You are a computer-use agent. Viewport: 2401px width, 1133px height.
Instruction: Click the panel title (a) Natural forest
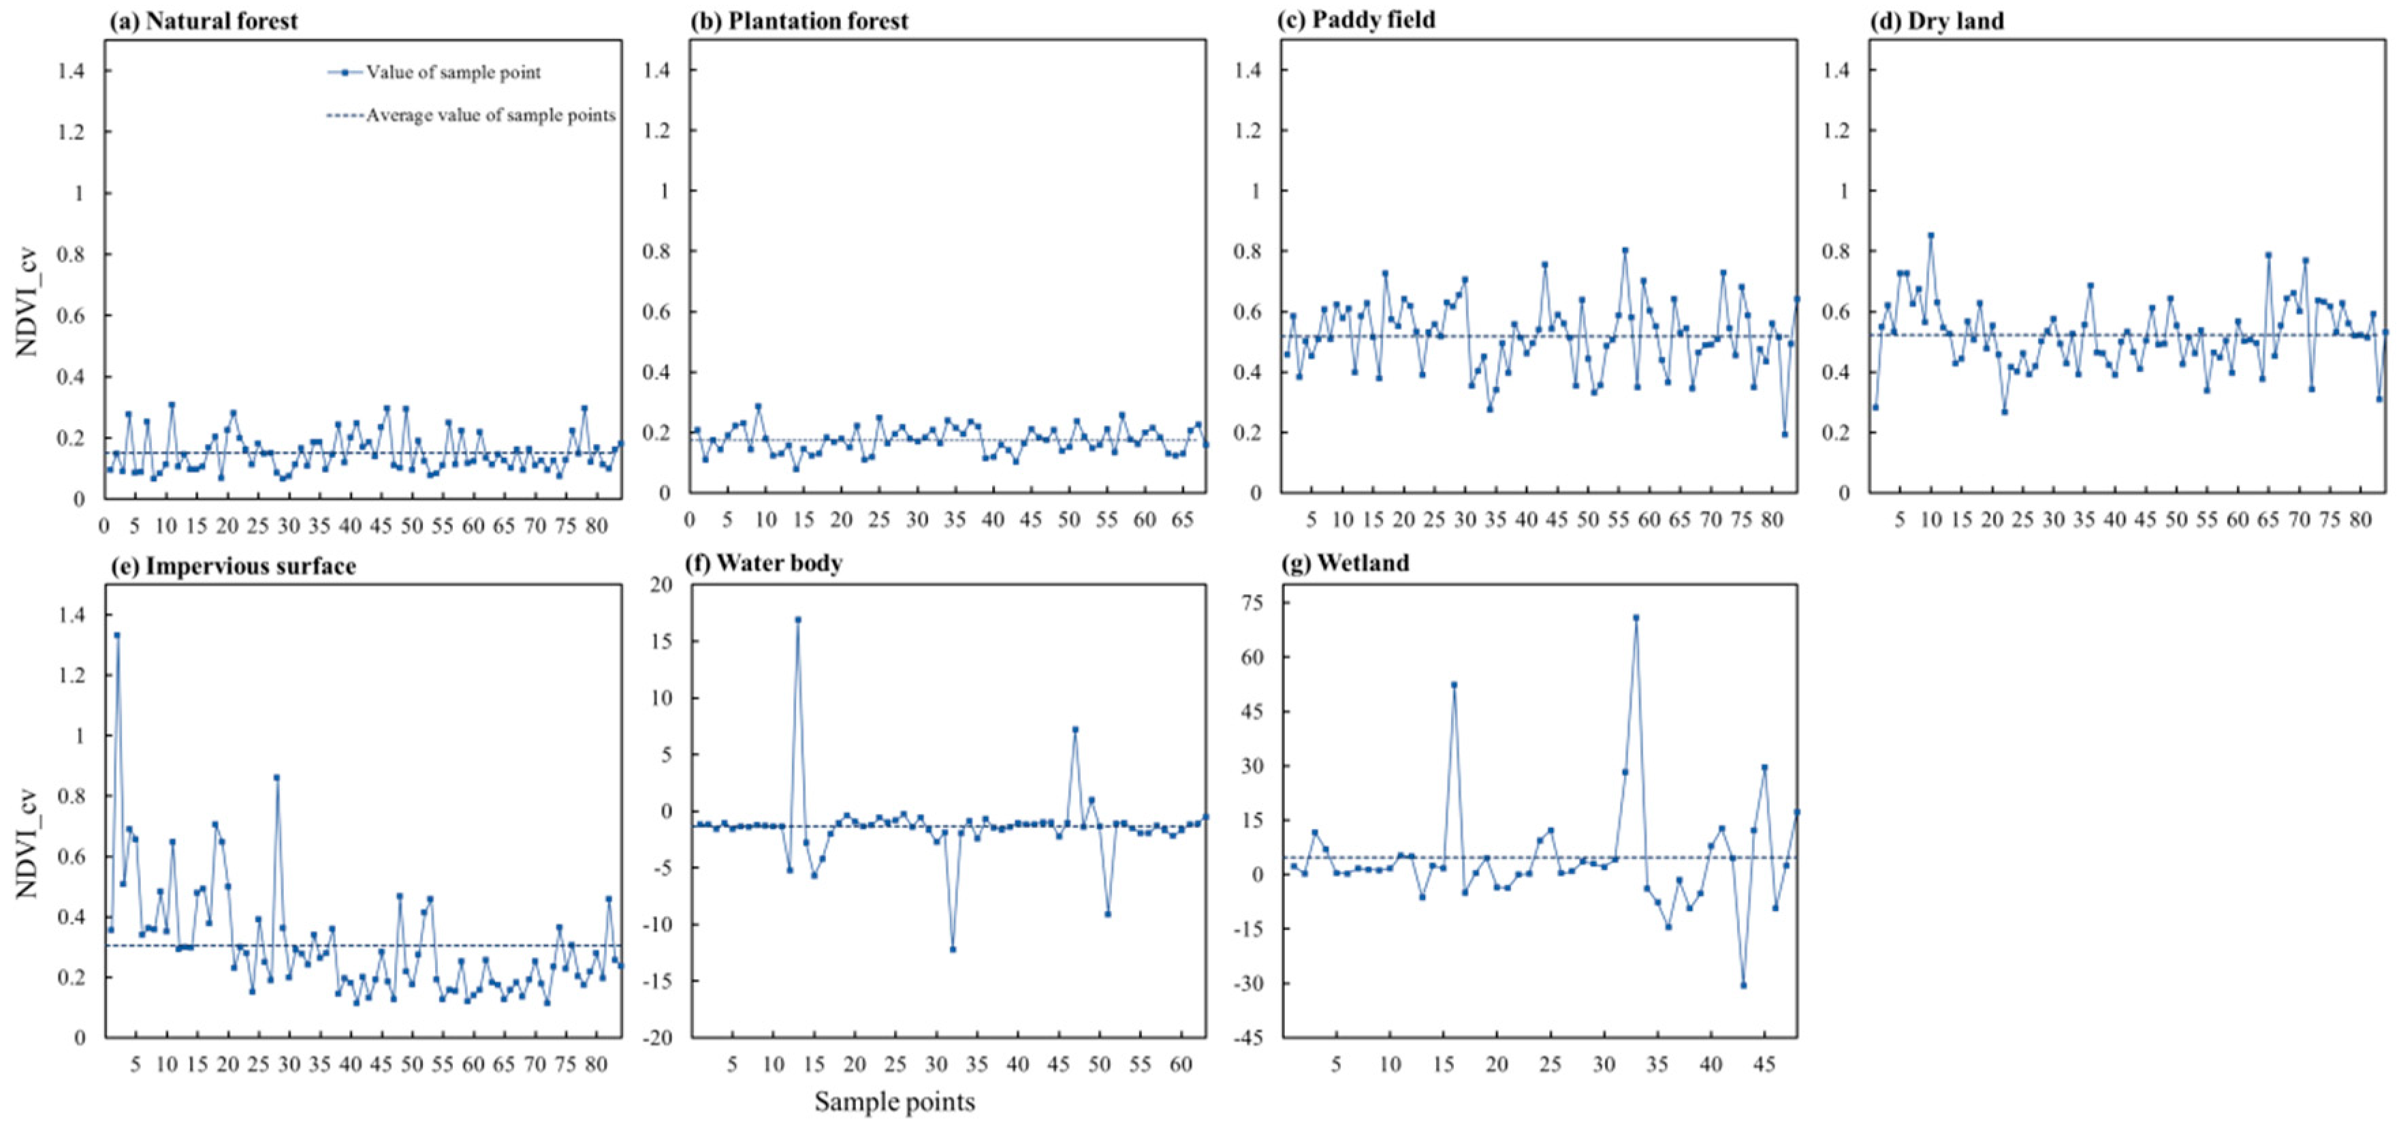point(203,21)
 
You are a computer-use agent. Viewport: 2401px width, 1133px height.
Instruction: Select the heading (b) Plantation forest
point(799,21)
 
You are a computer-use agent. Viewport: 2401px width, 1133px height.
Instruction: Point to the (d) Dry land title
point(1937,21)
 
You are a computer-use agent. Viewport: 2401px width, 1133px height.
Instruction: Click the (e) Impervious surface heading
point(233,566)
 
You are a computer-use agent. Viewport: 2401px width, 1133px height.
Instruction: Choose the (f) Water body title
point(764,563)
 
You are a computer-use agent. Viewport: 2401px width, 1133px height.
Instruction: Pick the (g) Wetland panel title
point(1347,563)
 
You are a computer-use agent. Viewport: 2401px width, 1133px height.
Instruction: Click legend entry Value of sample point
point(452,72)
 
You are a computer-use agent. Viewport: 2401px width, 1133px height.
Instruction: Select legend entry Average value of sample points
point(490,114)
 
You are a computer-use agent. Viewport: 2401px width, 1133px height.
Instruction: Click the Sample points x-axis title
point(894,1101)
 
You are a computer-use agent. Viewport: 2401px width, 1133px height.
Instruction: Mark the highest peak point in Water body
point(798,619)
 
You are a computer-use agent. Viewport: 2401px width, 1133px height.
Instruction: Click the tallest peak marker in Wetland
point(1636,617)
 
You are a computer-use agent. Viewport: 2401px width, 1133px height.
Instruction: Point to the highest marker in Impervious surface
point(116,635)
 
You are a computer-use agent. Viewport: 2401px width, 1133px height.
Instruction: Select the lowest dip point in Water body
point(953,949)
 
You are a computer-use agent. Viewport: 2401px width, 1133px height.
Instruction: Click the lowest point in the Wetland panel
point(1743,984)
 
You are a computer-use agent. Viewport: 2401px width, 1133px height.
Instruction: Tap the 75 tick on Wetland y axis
point(1254,604)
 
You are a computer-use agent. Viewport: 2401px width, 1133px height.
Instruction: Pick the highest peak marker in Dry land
point(1930,236)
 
